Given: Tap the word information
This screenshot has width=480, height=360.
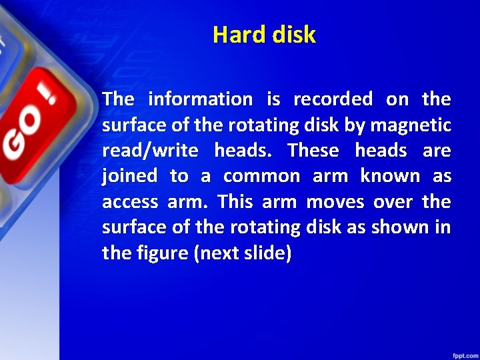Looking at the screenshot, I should tap(200, 99).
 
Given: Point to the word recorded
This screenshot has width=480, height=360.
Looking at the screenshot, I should tap(333, 99).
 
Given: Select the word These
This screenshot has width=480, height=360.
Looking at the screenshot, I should tap(313, 151).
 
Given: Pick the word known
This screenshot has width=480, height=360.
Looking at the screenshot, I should tap(390, 176).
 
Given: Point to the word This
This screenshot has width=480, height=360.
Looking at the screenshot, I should tap(236, 201).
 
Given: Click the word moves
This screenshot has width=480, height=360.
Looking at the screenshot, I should tap(333, 201).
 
